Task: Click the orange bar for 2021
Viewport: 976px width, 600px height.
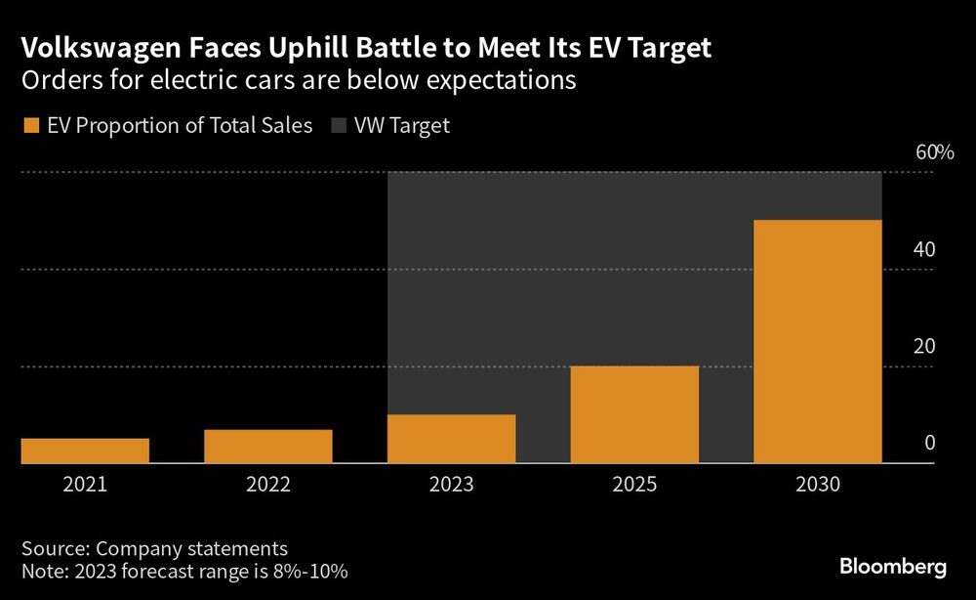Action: click(85, 450)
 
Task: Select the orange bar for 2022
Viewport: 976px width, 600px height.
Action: click(268, 447)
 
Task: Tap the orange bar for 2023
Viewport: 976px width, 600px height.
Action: click(451, 439)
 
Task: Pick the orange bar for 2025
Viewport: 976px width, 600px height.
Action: click(634, 414)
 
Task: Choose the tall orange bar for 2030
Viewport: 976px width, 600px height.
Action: click(818, 341)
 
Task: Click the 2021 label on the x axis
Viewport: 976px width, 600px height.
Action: click(85, 484)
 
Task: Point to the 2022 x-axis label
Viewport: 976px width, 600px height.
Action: click(268, 484)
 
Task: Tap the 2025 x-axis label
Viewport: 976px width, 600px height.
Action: click(634, 484)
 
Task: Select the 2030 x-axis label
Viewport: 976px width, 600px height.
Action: click(818, 484)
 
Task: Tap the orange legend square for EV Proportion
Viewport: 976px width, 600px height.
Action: click(28, 125)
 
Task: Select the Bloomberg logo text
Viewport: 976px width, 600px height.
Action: click(893, 567)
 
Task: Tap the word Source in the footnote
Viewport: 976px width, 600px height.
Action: click(53, 548)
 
